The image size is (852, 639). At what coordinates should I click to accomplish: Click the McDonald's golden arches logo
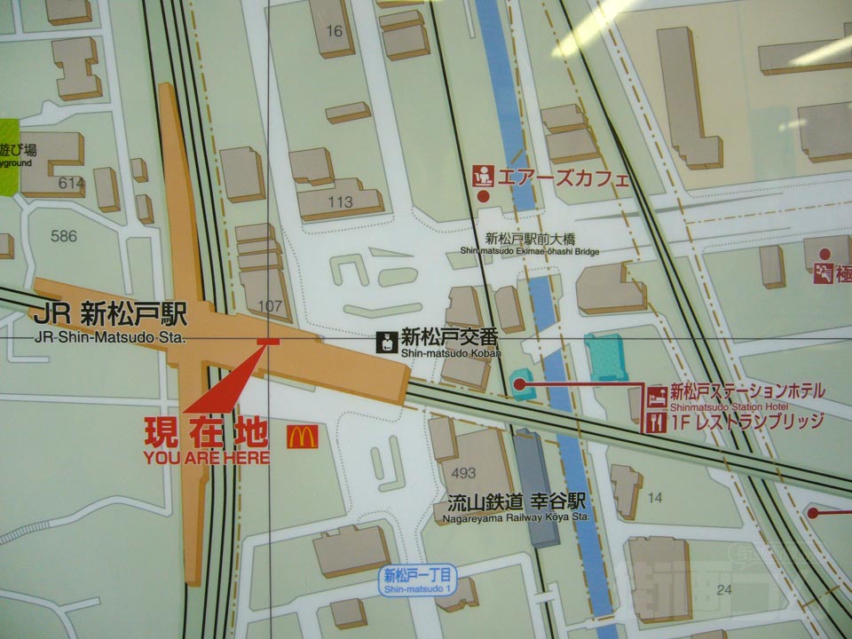pyautogui.click(x=302, y=437)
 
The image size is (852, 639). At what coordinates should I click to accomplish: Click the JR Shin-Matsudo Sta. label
pyautogui.click(x=110, y=324)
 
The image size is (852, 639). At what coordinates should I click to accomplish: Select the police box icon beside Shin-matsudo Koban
pyautogui.click(x=387, y=342)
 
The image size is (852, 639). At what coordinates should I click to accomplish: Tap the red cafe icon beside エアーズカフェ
pyautogui.click(x=483, y=175)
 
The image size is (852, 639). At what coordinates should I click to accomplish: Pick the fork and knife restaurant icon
pyautogui.click(x=658, y=422)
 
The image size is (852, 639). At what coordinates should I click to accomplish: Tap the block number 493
pyautogui.click(x=463, y=472)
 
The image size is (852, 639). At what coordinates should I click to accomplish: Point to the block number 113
pyautogui.click(x=340, y=202)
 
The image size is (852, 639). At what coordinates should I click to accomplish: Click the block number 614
pyautogui.click(x=71, y=183)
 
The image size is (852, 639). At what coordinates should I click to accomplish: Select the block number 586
pyautogui.click(x=64, y=236)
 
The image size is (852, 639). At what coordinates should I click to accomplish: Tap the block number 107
pyautogui.click(x=269, y=306)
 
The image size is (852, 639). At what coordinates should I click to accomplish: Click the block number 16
pyautogui.click(x=334, y=32)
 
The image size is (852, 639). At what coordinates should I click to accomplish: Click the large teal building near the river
pyautogui.click(x=605, y=357)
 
